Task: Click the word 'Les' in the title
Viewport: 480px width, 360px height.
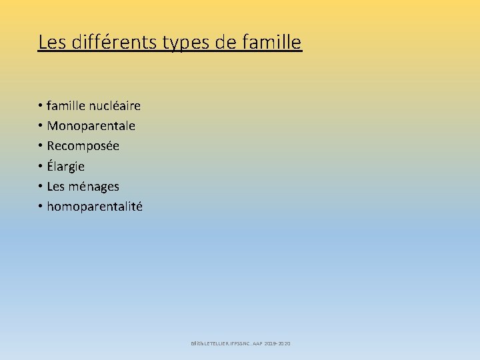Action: click(x=51, y=43)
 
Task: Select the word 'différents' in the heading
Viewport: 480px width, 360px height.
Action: click(x=105, y=43)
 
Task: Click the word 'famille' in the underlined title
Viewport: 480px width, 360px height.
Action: click(x=275, y=43)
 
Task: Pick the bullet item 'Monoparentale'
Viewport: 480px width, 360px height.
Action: click(x=91, y=125)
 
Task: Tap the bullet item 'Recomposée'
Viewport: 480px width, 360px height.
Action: click(x=83, y=145)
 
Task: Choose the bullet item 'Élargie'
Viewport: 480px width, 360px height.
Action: click(x=65, y=166)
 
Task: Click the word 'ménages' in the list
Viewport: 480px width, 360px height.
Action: click(x=95, y=187)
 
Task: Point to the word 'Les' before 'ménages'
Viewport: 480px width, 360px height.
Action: click(x=55, y=186)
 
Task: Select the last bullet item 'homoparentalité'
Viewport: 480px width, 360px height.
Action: click(x=94, y=207)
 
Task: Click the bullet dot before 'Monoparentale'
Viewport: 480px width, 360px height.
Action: click(x=41, y=126)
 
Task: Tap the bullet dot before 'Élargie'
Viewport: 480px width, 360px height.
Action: click(x=41, y=166)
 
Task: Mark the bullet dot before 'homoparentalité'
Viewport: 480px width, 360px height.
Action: click(x=41, y=207)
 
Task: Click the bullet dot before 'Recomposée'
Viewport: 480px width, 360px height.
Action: click(x=41, y=146)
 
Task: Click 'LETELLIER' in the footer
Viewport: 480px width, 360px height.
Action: click(x=217, y=343)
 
